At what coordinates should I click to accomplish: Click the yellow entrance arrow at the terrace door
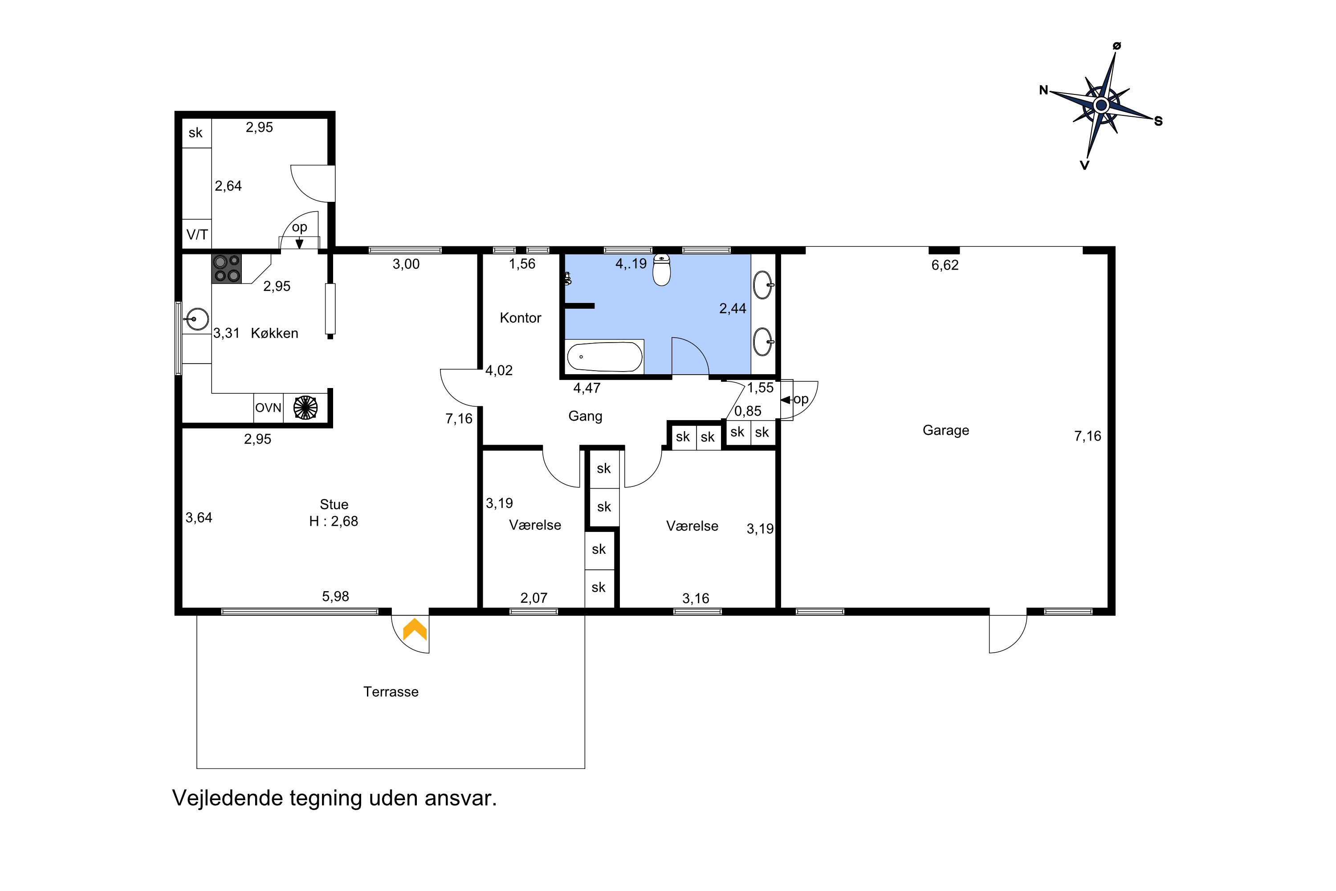click(415, 629)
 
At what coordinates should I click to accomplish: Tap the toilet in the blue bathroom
click(662, 270)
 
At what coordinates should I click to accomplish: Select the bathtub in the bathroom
click(604, 356)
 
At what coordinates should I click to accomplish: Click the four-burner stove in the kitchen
click(227, 269)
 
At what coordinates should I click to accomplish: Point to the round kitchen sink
click(196, 319)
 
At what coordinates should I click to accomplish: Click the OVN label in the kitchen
click(268, 408)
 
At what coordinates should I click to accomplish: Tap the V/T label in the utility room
click(197, 234)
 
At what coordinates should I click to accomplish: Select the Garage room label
click(946, 430)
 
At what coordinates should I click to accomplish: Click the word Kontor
click(520, 318)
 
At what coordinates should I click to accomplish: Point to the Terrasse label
click(391, 691)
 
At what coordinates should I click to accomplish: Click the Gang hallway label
click(585, 417)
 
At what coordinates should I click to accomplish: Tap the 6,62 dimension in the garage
click(945, 265)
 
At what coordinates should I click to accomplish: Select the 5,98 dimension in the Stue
click(335, 596)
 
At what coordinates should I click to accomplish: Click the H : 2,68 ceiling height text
click(334, 521)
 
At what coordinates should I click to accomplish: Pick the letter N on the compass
click(1043, 90)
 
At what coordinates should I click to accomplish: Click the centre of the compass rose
click(1101, 105)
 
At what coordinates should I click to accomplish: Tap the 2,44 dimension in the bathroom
click(733, 309)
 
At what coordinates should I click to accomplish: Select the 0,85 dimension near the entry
click(748, 411)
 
